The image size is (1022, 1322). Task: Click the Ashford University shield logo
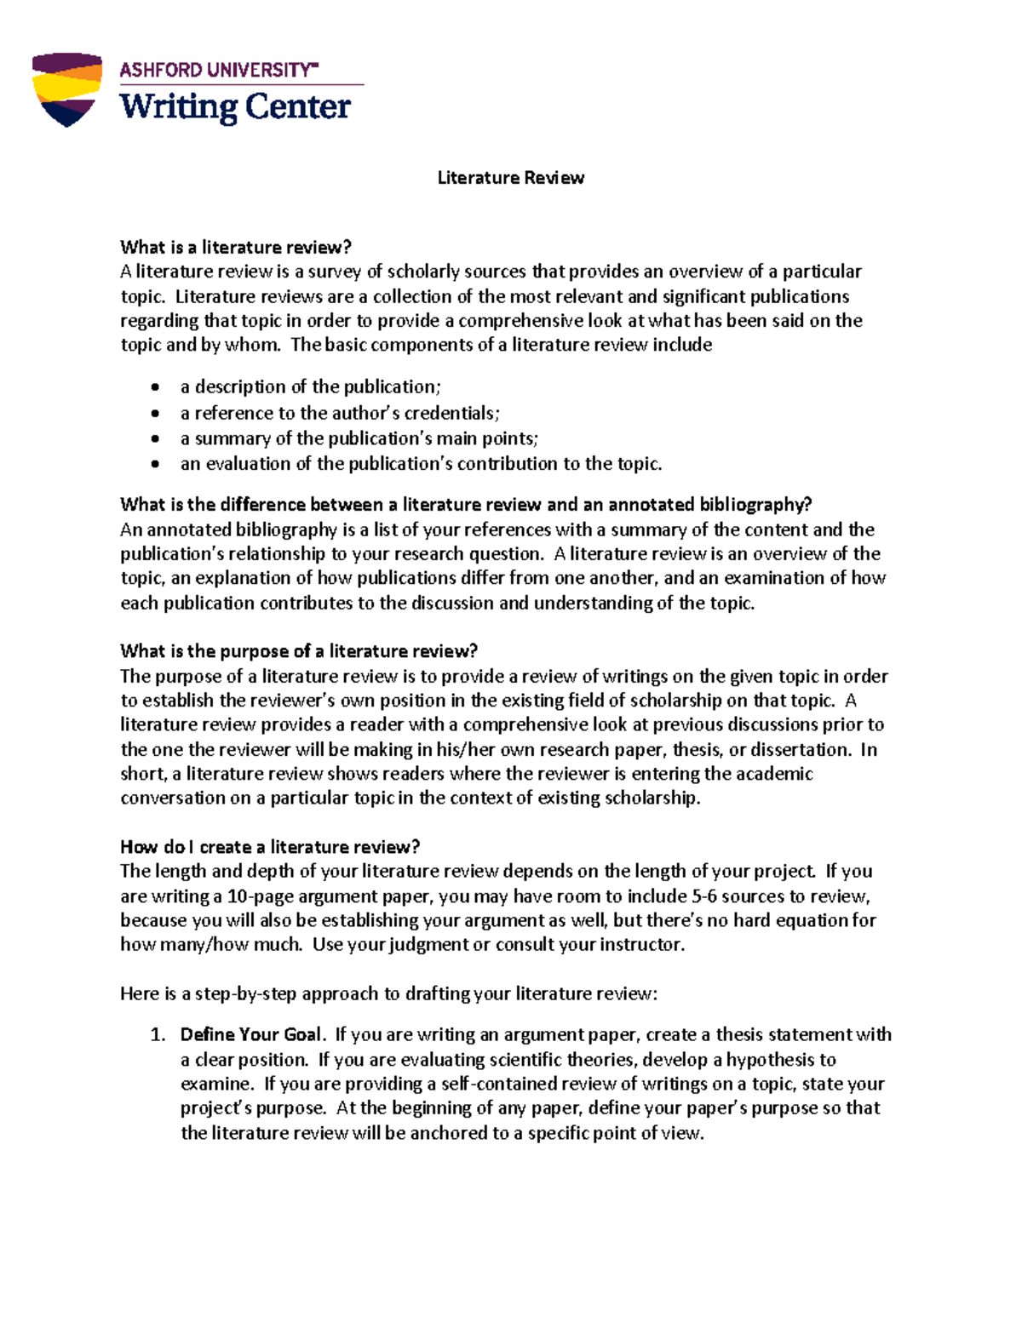66,89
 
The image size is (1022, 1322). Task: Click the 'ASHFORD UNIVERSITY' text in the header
218,70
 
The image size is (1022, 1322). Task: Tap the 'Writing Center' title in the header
235,107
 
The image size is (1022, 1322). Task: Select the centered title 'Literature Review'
510,178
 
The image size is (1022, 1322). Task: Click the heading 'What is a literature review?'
236,248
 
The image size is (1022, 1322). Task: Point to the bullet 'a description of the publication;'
311,387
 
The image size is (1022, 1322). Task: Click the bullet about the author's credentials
340,414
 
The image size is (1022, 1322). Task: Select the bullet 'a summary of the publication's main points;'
359,439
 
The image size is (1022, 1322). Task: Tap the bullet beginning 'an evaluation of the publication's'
421,464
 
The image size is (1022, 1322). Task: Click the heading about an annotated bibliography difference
466,505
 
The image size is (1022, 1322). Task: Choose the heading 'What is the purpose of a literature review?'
299,651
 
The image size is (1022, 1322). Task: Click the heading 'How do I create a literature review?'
270,847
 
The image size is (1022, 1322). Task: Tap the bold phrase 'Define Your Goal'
251,1035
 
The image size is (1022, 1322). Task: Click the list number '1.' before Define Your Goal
157,1035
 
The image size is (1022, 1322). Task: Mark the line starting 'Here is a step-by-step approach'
388,994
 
